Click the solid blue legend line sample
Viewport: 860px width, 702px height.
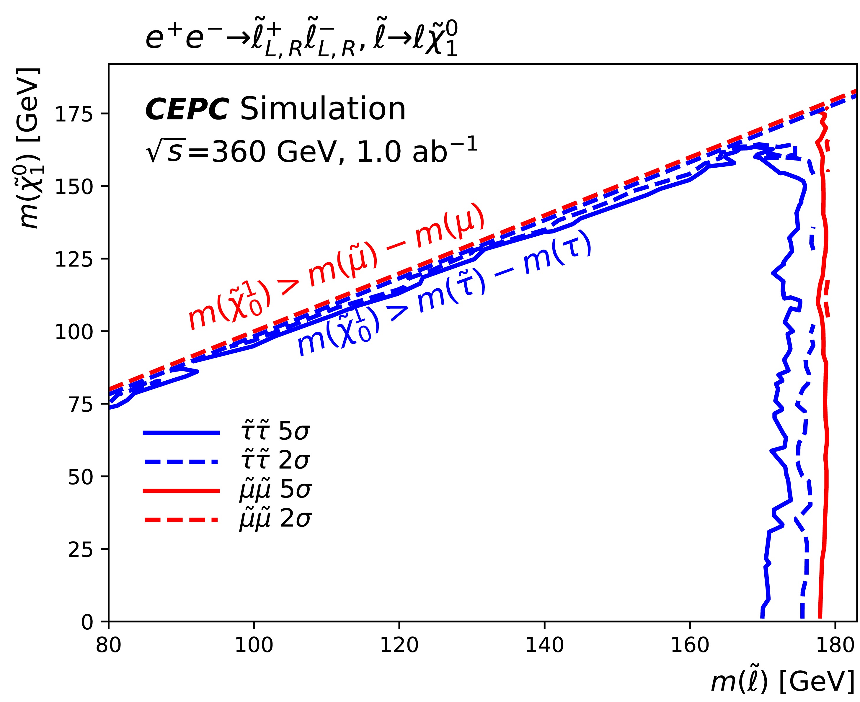[x=181, y=433]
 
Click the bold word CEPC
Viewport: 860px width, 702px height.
[x=187, y=109]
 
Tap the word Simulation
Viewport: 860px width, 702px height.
[x=322, y=109]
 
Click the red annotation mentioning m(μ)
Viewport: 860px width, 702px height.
[x=336, y=267]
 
